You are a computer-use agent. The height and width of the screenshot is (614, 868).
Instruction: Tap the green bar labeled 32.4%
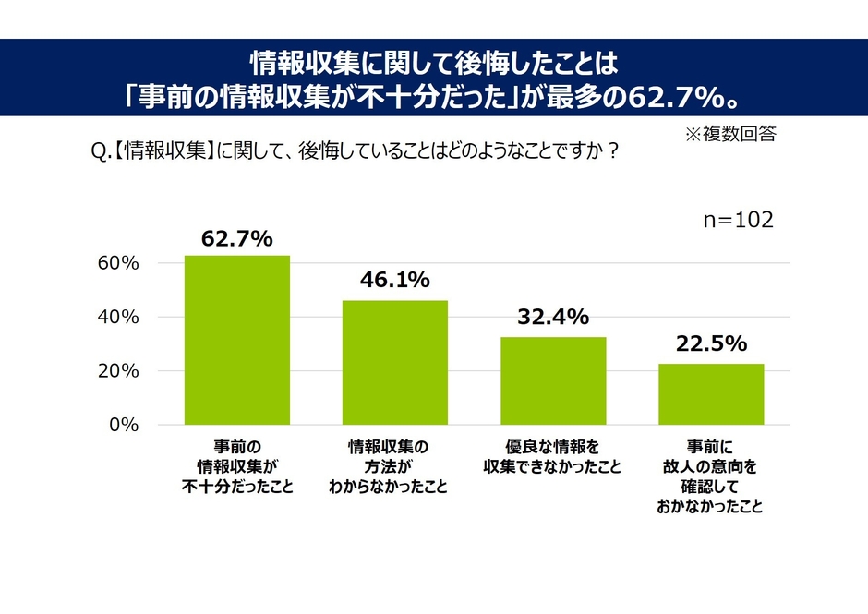tap(553, 380)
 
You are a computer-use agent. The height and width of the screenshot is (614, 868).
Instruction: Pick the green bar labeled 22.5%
tap(711, 394)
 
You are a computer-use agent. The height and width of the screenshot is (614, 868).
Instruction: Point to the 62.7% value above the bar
tap(237, 239)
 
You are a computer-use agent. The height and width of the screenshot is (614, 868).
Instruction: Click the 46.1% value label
tap(394, 281)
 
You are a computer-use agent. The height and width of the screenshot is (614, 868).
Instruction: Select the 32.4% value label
tap(553, 318)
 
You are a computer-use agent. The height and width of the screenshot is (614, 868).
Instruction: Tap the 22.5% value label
tap(710, 344)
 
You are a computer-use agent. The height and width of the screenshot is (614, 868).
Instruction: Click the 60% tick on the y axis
tap(118, 263)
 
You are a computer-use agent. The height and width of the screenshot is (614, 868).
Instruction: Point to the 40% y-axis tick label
tap(118, 317)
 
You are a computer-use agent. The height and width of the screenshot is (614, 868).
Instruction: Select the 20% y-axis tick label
tap(118, 371)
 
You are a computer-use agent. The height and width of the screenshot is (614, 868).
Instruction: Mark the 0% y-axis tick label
tap(123, 425)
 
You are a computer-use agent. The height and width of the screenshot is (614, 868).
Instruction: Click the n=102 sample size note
tap(738, 221)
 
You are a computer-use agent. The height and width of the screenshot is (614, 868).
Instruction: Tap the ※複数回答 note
tap(729, 135)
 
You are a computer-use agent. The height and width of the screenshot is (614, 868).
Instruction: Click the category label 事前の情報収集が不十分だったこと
tap(237, 467)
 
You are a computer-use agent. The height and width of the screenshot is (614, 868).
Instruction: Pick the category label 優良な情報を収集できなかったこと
tap(553, 457)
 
